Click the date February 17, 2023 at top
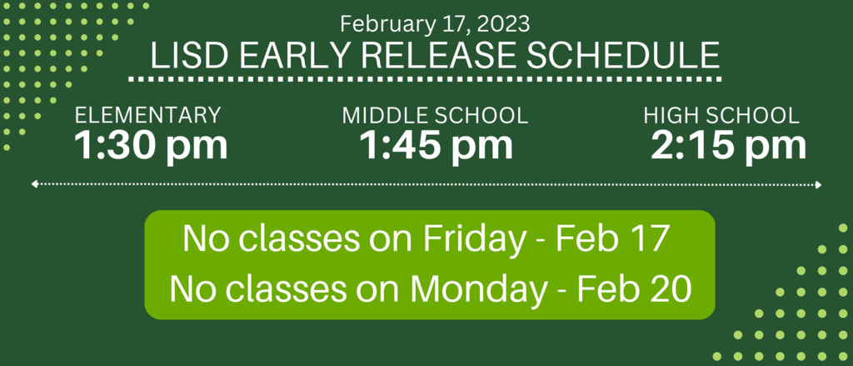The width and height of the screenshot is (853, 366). click(x=435, y=24)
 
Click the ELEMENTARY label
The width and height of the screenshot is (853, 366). click(x=148, y=115)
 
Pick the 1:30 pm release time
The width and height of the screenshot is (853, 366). click(x=151, y=146)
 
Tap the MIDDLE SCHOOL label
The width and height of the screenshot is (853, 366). click(x=435, y=115)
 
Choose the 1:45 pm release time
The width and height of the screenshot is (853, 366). click(x=436, y=146)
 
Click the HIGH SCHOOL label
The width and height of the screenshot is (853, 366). click(x=721, y=115)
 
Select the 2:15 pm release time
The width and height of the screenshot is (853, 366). click(x=728, y=146)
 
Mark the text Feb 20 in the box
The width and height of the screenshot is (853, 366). click(x=634, y=289)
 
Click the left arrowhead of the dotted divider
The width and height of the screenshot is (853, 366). click(x=33, y=184)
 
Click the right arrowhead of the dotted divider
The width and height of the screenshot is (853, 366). click(x=819, y=184)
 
